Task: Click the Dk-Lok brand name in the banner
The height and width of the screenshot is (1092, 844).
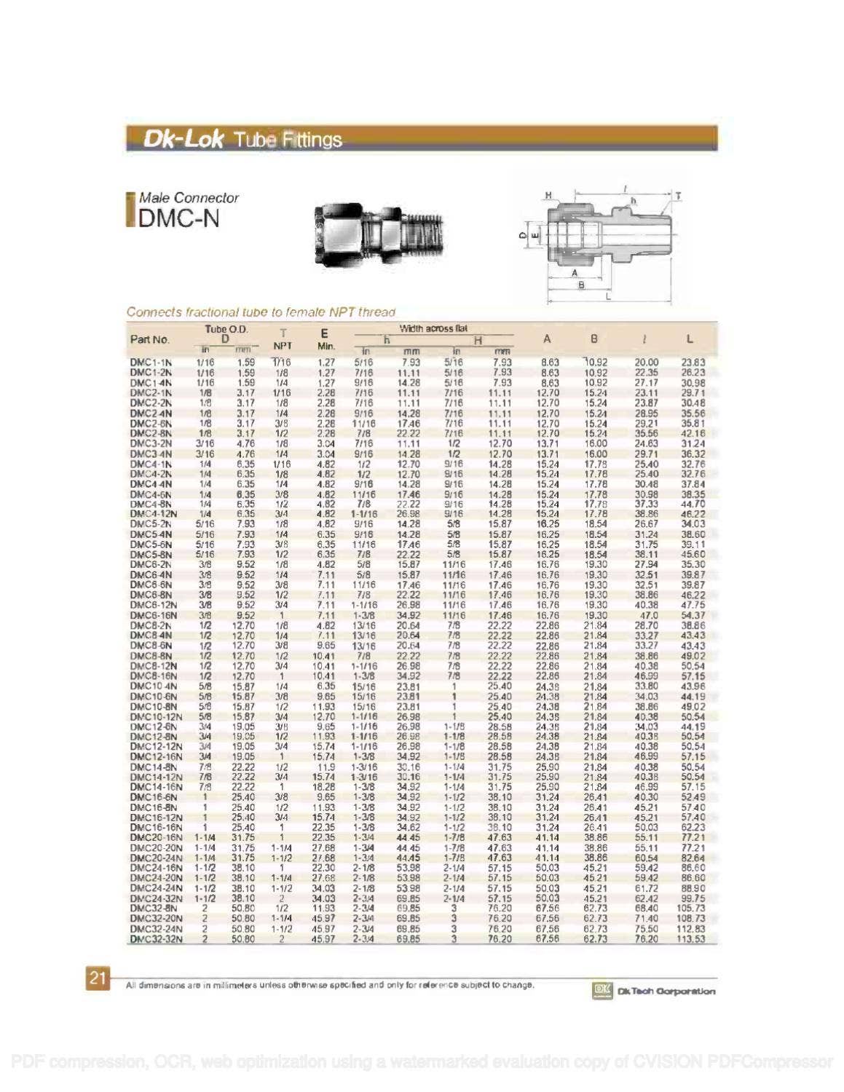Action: click(x=183, y=138)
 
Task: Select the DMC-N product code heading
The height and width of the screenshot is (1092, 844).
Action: click(x=178, y=218)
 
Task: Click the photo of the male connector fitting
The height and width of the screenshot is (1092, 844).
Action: click(x=379, y=232)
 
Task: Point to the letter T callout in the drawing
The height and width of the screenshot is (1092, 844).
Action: click(x=678, y=197)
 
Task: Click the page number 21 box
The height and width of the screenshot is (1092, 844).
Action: click(x=98, y=978)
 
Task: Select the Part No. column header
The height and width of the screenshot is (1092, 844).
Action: click(x=149, y=339)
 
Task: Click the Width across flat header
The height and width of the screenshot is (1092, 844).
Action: click(x=433, y=329)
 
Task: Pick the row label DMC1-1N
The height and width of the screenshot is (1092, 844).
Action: click(x=151, y=363)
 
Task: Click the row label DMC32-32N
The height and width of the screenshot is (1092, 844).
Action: click(x=156, y=939)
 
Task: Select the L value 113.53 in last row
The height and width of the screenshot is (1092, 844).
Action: click(x=690, y=939)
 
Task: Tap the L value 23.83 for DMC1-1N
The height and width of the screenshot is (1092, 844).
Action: click(x=693, y=363)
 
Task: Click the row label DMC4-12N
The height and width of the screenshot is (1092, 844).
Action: click(x=153, y=514)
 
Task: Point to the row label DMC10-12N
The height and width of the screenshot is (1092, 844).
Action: click(x=156, y=717)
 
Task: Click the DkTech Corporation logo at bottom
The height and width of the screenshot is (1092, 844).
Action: click(x=653, y=991)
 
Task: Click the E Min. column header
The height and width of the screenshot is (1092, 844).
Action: click(x=325, y=339)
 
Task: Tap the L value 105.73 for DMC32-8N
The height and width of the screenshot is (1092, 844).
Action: click(x=690, y=909)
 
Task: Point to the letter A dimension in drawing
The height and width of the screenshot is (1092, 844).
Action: click(x=575, y=274)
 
